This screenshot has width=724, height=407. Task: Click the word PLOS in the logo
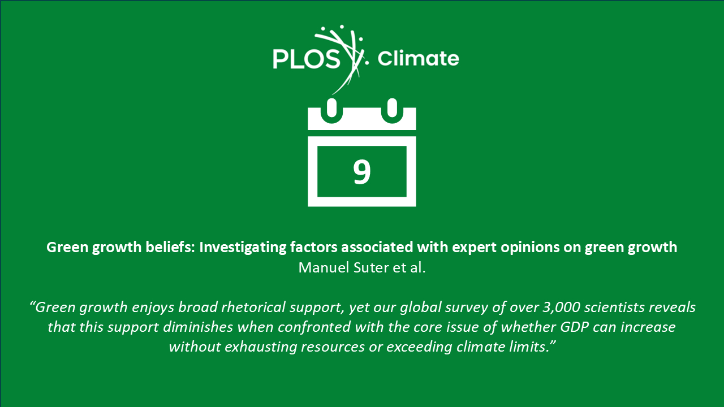click(307, 59)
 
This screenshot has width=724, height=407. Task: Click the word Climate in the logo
click(418, 58)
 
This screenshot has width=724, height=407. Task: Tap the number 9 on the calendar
click(361, 172)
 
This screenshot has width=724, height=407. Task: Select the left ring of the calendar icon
click(331, 110)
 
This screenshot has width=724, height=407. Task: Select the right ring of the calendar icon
click(392, 110)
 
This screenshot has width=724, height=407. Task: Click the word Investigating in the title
click(243, 248)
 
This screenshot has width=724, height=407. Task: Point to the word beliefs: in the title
click(170, 247)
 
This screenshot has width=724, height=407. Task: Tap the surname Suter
click(371, 268)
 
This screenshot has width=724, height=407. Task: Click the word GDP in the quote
click(574, 327)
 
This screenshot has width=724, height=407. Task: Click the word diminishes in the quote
click(198, 327)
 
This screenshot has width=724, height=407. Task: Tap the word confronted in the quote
click(314, 327)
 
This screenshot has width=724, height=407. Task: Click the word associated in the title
click(377, 247)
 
